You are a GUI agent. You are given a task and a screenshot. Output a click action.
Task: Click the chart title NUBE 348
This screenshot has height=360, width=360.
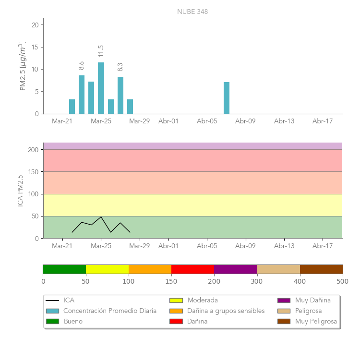(192, 12)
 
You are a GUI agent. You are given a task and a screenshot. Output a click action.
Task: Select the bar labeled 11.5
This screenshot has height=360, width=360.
(101, 88)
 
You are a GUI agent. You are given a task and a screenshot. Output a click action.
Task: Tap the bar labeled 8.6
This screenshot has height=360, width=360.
(82, 95)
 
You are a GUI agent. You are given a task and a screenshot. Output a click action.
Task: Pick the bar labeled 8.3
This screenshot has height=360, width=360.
(120, 96)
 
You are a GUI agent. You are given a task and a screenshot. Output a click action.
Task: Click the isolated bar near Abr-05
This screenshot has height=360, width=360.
(227, 98)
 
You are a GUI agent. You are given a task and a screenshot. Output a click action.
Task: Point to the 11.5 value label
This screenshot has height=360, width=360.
(101, 51)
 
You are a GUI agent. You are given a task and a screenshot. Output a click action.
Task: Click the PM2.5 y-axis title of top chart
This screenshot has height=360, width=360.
(22, 66)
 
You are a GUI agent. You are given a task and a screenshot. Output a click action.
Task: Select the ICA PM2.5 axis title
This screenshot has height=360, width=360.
(20, 191)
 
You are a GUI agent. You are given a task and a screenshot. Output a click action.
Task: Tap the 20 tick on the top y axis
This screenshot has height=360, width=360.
(35, 25)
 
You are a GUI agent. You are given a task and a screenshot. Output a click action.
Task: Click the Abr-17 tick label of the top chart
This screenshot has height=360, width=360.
(323, 121)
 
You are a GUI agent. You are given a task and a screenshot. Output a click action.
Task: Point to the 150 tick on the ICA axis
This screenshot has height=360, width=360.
(33, 172)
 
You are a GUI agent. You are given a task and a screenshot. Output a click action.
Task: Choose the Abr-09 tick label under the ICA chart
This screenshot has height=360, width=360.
(245, 246)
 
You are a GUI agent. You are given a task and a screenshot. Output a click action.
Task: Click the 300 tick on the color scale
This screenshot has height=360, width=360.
(257, 281)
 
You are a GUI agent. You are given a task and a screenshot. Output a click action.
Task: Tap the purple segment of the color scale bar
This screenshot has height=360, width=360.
(236, 269)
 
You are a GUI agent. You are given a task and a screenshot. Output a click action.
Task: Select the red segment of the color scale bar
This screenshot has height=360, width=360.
(192, 269)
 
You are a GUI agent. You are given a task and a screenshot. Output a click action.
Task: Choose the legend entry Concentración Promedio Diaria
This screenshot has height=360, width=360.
(110, 311)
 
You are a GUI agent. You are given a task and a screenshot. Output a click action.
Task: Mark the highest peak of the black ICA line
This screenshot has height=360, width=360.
(101, 217)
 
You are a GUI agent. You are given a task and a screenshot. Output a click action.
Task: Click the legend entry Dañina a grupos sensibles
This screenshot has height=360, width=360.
(226, 311)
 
